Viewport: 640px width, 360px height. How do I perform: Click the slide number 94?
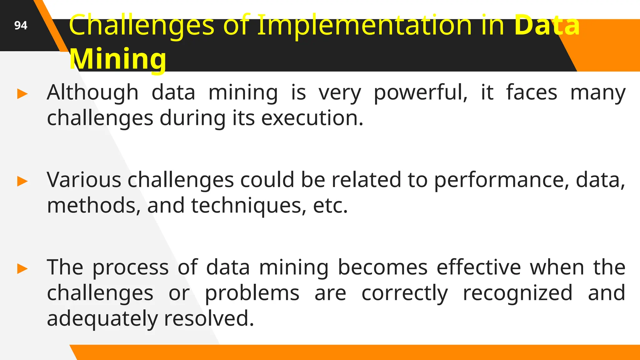pyautogui.click(x=21, y=25)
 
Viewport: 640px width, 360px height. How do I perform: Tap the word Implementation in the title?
pyautogui.click(x=364, y=25)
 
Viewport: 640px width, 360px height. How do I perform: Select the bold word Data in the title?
pyautogui.click(x=547, y=25)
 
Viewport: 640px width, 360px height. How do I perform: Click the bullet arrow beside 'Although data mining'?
pyautogui.click(x=22, y=94)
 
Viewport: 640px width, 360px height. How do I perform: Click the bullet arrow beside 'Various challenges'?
pyautogui.click(x=22, y=181)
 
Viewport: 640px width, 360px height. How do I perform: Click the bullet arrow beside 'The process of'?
pyautogui.click(x=22, y=269)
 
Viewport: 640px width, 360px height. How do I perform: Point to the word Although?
pyautogui.click(x=92, y=92)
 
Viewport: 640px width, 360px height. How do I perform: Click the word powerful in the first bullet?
pyautogui.click(x=420, y=93)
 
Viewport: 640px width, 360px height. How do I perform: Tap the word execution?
pyautogui.click(x=312, y=118)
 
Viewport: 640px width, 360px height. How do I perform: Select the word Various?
pyautogui.click(x=84, y=180)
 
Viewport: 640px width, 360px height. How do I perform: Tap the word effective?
pyautogui.click(x=479, y=267)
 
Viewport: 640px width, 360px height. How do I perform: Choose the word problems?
pyautogui.click(x=252, y=294)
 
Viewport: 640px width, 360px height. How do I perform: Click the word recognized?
pyautogui.click(x=517, y=294)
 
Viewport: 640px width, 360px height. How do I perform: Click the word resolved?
pyautogui.click(x=209, y=318)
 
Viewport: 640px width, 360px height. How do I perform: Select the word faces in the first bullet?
pyautogui.click(x=531, y=92)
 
